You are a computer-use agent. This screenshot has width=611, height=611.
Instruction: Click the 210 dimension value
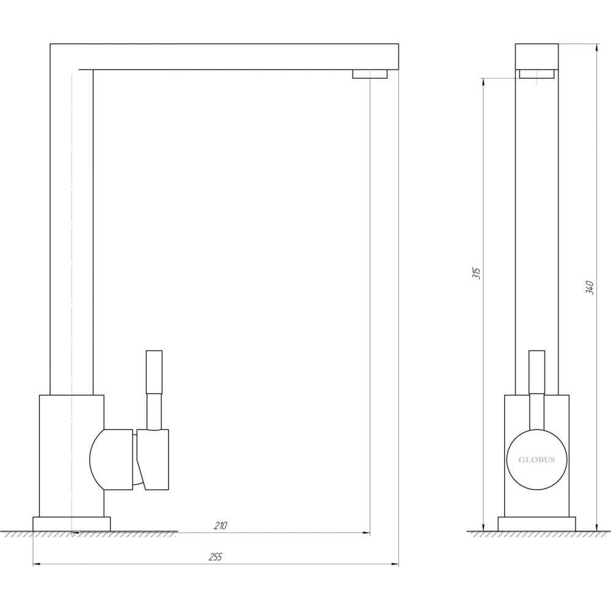(220, 525)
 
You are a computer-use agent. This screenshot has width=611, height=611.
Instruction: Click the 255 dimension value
(215, 557)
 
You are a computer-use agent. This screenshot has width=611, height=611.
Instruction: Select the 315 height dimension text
(477, 273)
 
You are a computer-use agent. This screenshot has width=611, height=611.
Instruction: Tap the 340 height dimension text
(590, 287)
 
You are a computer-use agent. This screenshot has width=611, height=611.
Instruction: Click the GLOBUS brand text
(536, 460)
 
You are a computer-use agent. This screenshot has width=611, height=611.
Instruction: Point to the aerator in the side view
(370, 74)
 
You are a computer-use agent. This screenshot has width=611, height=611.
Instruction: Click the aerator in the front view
(536, 74)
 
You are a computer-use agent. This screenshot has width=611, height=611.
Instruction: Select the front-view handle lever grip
(536, 372)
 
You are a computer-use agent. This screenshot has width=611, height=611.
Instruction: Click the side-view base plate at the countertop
(71, 524)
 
